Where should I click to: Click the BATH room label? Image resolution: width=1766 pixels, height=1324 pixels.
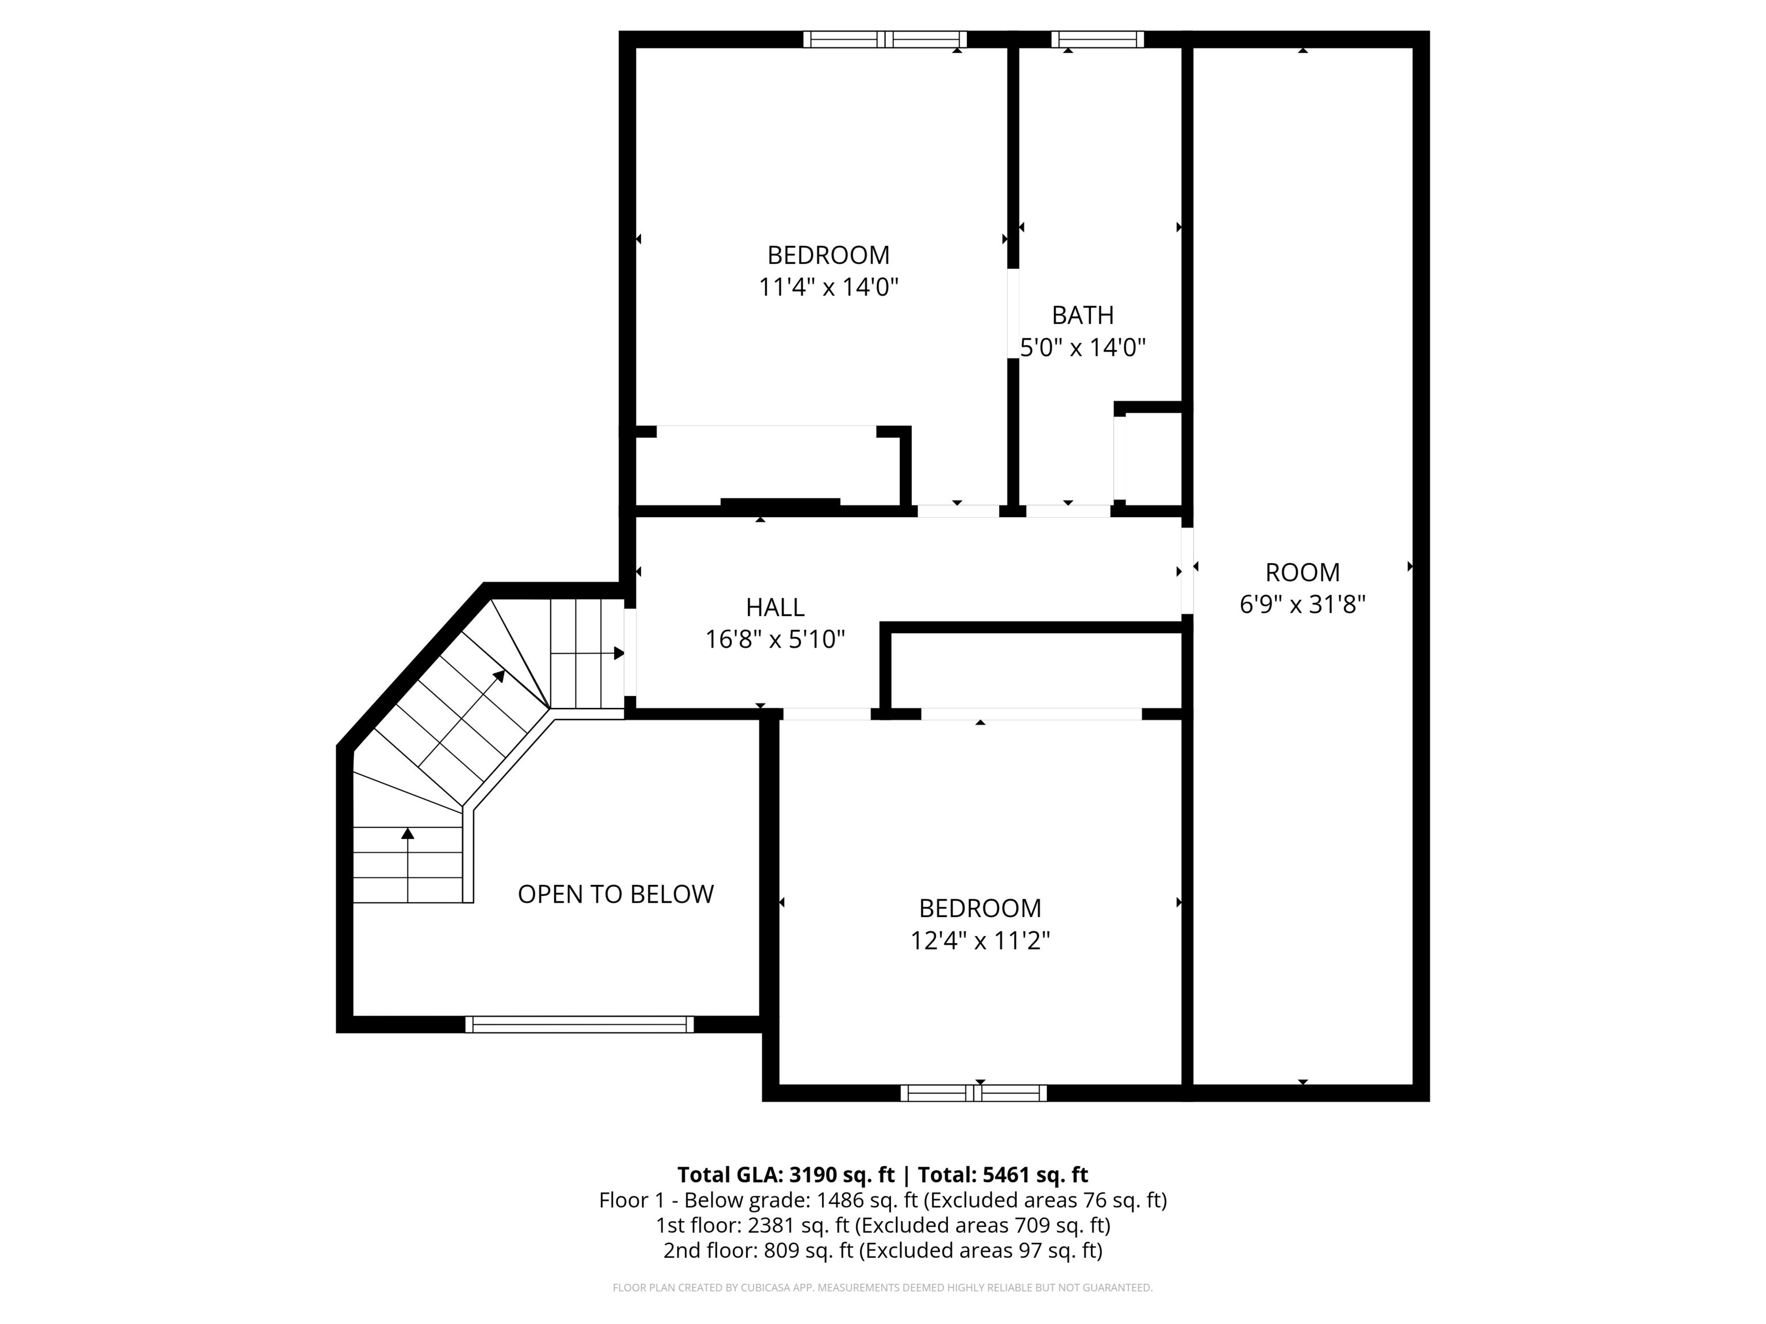click(1082, 315)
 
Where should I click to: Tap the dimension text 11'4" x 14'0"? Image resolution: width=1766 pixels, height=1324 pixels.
click(828, 287)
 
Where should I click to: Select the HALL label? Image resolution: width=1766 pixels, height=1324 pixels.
click(774, 607)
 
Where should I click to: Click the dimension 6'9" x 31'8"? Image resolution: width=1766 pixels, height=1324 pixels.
click(1302, 604)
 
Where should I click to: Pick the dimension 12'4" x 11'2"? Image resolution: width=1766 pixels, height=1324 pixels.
click(980, 941)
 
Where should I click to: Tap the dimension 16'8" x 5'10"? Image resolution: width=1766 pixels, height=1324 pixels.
click(774, 639)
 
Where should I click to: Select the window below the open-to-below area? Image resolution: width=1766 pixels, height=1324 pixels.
click(579, 1024)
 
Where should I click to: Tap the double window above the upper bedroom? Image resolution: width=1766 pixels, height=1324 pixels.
click(885, 39)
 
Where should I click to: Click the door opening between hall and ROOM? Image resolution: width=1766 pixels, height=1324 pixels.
click(1187, 571)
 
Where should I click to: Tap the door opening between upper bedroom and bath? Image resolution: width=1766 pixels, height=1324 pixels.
click(1012, 314)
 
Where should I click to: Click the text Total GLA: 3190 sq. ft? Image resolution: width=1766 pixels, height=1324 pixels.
click(786, 1175)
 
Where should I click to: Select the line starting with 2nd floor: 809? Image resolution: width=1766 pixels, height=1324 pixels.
click(882, 1250)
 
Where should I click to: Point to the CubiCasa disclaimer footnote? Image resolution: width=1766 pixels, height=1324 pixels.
click(882, 1287)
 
